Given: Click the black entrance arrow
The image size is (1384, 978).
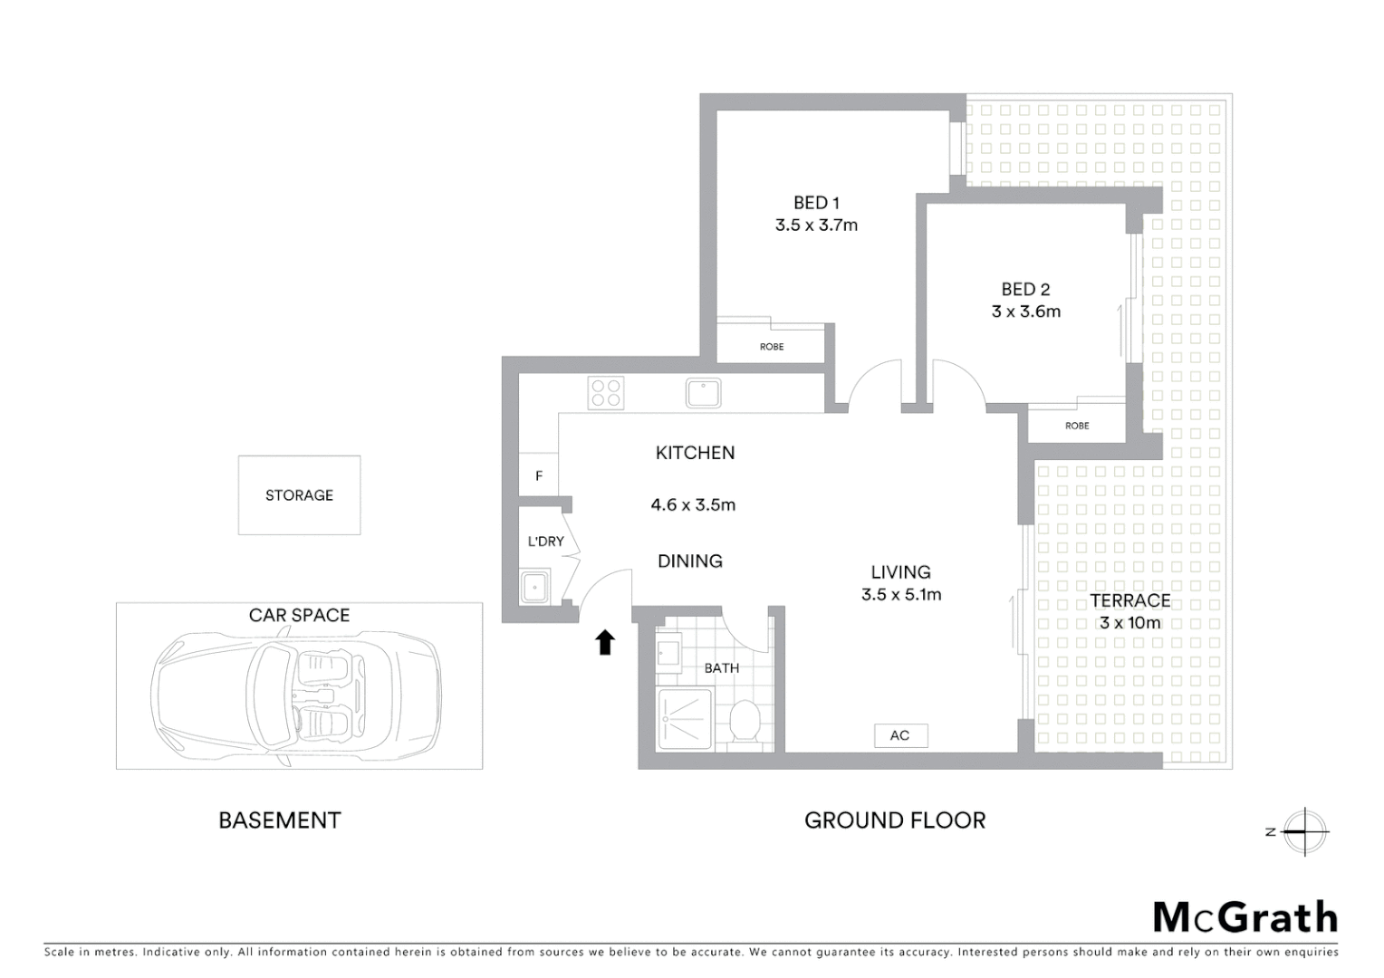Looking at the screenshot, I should [605, 642].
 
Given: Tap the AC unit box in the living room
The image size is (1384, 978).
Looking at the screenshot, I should [900, 735].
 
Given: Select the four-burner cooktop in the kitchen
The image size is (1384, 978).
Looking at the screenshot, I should [605, 393].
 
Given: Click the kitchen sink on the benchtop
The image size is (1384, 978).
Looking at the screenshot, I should [703, 393].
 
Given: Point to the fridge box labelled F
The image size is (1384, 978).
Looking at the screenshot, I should [539, 475].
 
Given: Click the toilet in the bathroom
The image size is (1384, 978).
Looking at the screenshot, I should [745, 722].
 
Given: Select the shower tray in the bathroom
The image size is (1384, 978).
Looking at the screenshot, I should [686, 720].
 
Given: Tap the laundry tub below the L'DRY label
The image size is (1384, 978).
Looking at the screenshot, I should [536, 587].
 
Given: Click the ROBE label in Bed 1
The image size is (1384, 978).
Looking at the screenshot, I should [772, 347].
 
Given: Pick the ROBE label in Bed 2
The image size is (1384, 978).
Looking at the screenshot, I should [1077, 426].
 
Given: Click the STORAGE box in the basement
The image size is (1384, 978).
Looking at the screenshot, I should [299, 495].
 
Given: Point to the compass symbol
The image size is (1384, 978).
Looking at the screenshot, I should [1304, 831].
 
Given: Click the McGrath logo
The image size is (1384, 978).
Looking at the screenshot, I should [1245, 917].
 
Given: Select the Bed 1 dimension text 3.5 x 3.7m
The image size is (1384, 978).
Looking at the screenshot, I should [816, 225].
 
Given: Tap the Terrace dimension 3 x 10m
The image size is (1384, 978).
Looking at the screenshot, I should [1129, 623].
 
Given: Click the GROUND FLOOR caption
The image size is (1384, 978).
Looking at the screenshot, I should [895, 820].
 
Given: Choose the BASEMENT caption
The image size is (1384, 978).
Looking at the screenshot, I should [280, 820].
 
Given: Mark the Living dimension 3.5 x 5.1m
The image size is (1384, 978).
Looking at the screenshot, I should [900, 595].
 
